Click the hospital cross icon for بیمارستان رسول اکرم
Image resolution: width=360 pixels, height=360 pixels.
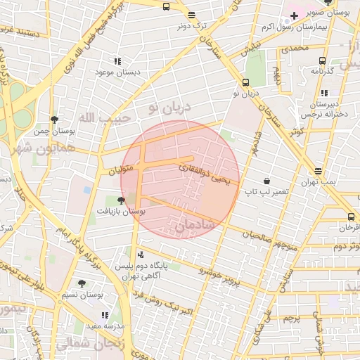coord(294,15)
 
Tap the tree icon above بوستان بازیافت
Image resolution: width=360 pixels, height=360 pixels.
coord(121,200)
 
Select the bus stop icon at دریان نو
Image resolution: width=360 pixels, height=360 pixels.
coord(245,82)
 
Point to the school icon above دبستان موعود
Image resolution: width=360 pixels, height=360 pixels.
coord(117,61)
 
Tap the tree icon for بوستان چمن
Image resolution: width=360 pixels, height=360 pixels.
coord(55,120)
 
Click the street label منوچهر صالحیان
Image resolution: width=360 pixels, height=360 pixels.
coord(276,238)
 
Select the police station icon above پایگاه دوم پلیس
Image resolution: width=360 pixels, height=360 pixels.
coord(141,254)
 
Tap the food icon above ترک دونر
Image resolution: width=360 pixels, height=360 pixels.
coord(192,15)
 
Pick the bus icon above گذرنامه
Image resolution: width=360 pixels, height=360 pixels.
coord(322,60)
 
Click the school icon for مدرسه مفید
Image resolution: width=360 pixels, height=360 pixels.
coord(105,316)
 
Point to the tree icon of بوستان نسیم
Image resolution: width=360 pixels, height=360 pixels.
coord(82,283)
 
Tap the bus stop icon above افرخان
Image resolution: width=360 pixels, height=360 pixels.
coord(351,217)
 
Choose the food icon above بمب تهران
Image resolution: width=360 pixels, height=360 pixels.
coord(319,171)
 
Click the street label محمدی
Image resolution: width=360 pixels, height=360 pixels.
coord(295,49)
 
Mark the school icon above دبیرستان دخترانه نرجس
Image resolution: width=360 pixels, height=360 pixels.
coord(324,93)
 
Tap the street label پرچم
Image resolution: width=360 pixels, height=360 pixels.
coord(292,319)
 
